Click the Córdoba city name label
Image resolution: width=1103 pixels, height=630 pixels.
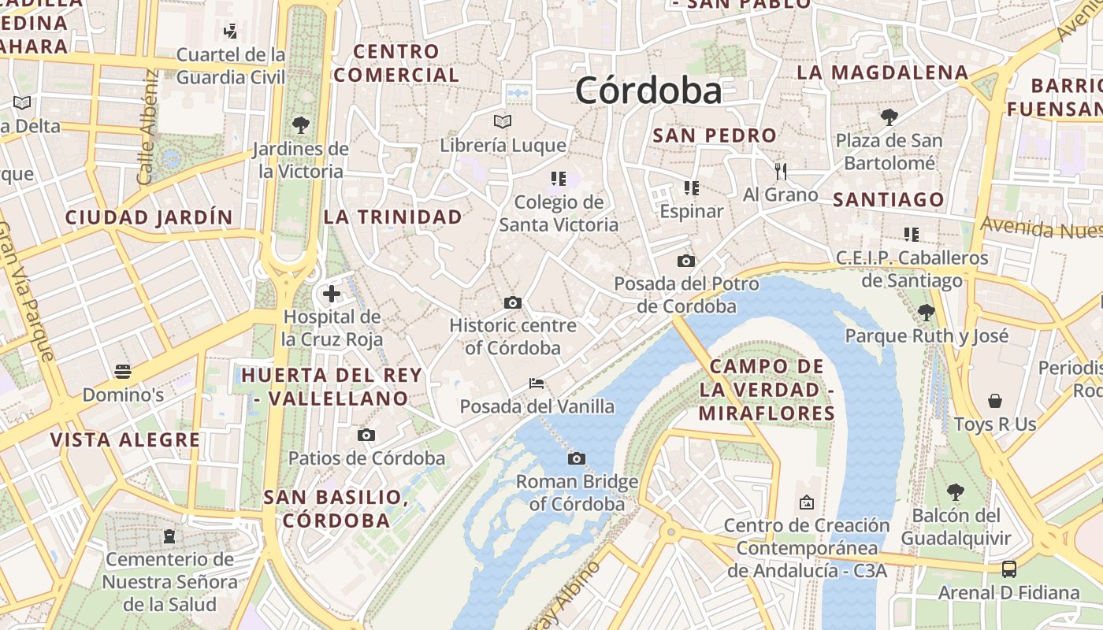[x=648, y=91]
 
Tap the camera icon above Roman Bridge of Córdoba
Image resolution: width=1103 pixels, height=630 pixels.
[x=577, y=458]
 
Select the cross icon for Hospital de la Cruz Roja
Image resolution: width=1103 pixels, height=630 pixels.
[x=332, y=294]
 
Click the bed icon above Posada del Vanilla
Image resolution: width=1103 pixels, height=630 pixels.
[x=537, y=384]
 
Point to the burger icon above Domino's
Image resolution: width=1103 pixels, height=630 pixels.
[x=122, y=371]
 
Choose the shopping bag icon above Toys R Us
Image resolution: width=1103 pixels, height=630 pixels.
[x=995, y=401]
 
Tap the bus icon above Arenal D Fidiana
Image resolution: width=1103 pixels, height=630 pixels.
[x=1008, y=569]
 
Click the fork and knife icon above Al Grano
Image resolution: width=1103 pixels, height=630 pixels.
[x=781, y=171]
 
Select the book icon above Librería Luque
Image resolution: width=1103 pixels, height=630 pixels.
[x=503, y=121]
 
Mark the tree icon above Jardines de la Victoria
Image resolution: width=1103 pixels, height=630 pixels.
[x=300, y=124]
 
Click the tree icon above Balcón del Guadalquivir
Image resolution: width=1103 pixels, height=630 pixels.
[x=956, y=492]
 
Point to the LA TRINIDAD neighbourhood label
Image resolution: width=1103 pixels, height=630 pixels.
[x=393, y=217]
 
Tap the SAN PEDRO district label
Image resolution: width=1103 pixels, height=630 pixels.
[x=715, y=135]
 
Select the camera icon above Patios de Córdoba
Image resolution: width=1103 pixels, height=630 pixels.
[x=366, y=435]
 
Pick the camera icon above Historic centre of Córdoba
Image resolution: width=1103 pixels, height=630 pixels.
[x=513, y=302]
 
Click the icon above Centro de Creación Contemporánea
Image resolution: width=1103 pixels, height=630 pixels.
[x=807, y=502]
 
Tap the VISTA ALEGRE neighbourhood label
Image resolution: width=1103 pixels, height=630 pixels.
[x=125, y=439]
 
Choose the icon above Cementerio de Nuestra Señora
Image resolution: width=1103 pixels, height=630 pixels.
[x=169, y=536]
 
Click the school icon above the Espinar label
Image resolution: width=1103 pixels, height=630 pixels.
[x=691, y=187]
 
